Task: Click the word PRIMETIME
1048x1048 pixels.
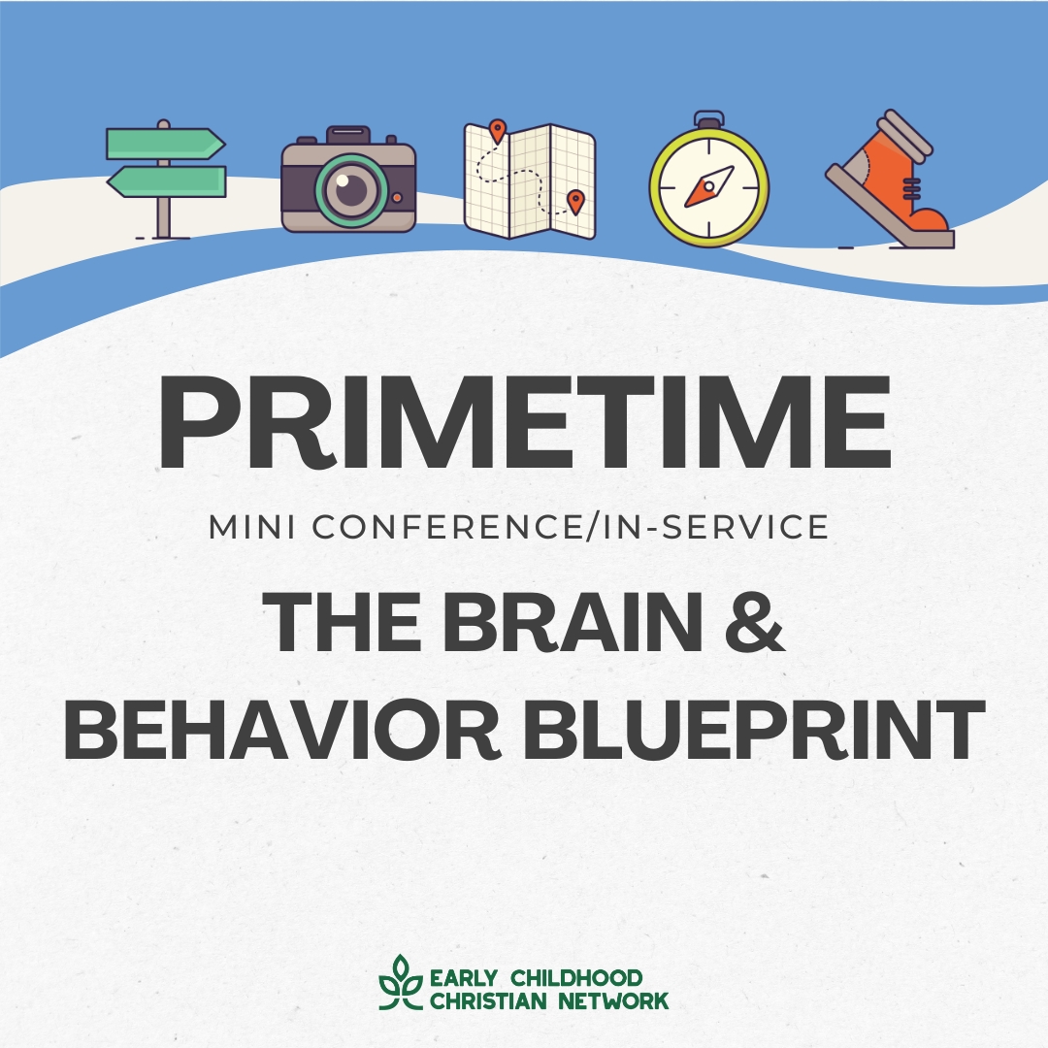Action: pos(525,423)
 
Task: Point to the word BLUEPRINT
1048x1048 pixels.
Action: pos(754,729)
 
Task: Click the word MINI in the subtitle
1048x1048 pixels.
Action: pos(252,527)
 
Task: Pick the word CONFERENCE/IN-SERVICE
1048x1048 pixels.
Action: pos(571,527)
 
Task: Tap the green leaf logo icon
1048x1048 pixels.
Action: pos(401,982)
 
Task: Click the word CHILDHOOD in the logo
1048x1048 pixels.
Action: pos(576,978)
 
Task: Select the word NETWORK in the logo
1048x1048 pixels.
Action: pos(613,1001)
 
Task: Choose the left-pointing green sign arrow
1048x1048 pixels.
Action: pos(167,181)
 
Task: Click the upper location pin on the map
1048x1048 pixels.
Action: pos(497,131)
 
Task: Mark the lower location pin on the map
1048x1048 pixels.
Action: pos(575,201)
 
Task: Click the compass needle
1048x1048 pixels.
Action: pos(708,186)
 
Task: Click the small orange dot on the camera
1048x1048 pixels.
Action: pos(397,198)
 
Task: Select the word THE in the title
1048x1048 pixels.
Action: pos(342,622)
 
